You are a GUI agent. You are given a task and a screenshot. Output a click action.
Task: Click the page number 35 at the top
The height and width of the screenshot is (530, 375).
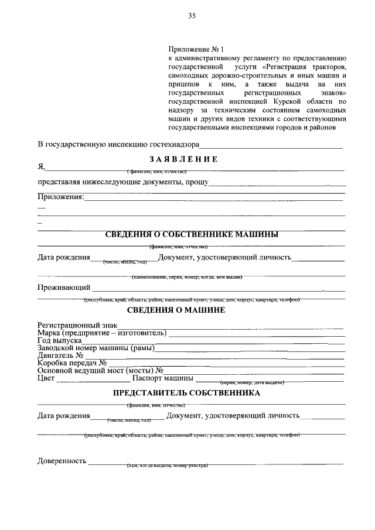click(x=192, y=16)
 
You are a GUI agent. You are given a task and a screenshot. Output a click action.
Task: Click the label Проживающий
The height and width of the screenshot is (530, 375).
click(x=63, y=288)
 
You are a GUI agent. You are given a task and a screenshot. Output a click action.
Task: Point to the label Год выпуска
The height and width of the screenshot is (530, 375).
click(x=60, y=340)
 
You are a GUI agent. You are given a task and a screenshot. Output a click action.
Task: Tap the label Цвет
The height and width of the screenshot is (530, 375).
click(x=46, y=378)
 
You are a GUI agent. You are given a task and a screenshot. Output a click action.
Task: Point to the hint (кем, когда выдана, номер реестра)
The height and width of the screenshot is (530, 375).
click(x=167, y=466)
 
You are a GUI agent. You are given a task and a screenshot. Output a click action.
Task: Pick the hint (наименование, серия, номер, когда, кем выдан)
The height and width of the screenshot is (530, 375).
click(x=187, y=276)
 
